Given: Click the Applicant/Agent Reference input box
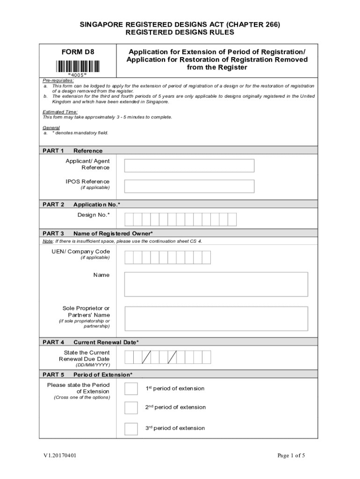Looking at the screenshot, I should [189, 166].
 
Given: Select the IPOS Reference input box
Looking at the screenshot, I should [189, 186].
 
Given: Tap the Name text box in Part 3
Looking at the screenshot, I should [216, 284].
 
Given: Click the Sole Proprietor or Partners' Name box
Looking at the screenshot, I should [216, 319].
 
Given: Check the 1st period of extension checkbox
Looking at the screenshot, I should [131, 389].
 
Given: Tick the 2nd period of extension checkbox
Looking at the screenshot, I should [131, 407].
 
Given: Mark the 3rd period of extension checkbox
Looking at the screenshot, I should [131, 428].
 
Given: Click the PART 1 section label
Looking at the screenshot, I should [53, 151].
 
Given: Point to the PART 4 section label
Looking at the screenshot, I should [53, 342].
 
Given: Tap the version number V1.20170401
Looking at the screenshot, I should [58, 456].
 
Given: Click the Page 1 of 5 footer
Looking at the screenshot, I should [291, 456].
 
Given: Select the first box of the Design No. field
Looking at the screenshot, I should [129, 219].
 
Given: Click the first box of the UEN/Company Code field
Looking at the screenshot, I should [129, 257].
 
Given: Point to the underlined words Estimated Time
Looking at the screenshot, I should [54, 112].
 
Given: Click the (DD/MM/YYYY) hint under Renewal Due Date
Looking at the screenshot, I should [93, 365].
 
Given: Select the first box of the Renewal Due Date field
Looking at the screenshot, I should [129, 357].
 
